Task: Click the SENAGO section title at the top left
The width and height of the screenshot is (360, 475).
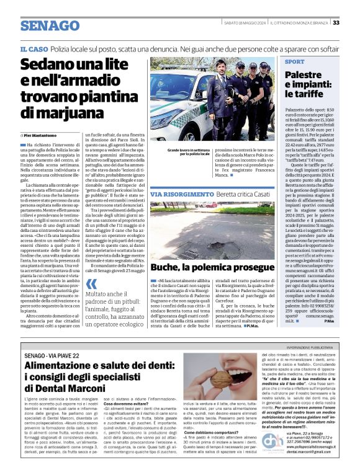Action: (x=48, y=25)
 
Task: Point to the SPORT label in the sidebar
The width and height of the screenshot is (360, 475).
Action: (x=295, y=62)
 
